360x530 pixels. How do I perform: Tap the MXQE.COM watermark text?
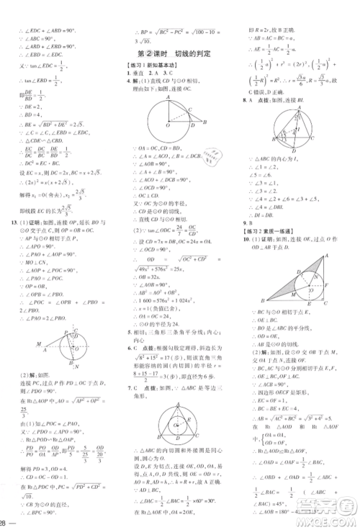(x=330, y=520)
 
